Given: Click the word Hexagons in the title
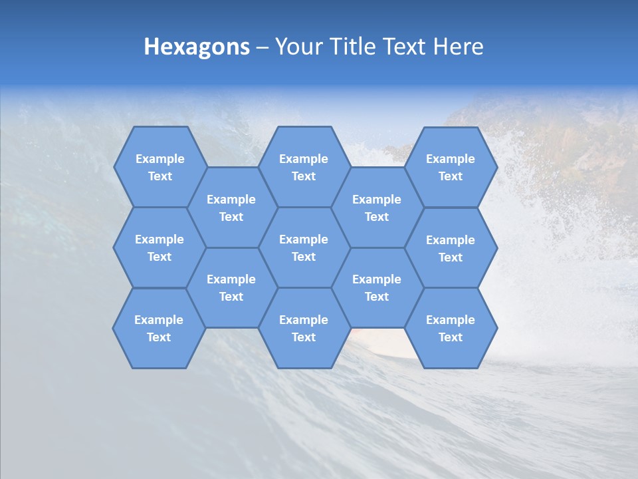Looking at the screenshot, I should (x=197, y=47).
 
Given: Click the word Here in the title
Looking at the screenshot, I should (x=459, y=47).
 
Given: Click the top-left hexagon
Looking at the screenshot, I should (x=159, y=167).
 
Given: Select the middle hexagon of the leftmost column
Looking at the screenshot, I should (x=159, y=247).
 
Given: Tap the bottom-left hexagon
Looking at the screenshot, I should (x=159, y=328).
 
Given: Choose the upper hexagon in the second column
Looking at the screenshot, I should (x=231, y=208).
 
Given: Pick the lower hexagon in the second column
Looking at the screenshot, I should (x=231, y=287).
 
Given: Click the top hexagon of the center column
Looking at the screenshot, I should (x=304, y=167).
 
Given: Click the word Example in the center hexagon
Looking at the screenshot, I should (x=304, y=239).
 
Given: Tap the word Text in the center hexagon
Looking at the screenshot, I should (x=304, y=257).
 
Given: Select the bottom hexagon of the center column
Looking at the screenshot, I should (x=304, y=328).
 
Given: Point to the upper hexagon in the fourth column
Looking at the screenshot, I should (x=377, y=208).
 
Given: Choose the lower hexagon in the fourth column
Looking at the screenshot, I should (x=377, y=287).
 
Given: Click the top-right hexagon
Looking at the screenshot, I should (x=451, y=167).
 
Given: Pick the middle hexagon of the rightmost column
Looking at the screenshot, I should (x=451, y=248).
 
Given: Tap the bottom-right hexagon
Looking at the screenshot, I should (x=451, y=328).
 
